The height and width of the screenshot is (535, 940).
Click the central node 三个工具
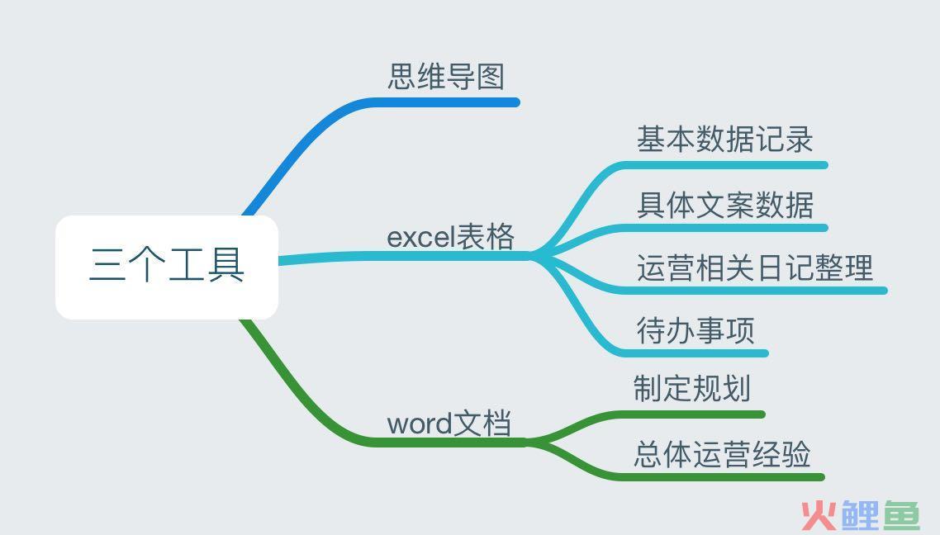coord(167,267)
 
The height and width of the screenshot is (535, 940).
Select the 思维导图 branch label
coord(446,77)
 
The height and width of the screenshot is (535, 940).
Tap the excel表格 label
coord(451,236)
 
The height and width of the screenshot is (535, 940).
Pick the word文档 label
coord(449,423)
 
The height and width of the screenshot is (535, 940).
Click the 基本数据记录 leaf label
coord(724,140)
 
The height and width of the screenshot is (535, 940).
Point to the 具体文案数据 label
coord(724,205)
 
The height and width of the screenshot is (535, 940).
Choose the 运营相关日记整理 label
coord(755,267)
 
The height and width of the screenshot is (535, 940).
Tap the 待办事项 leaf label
coord(696,331)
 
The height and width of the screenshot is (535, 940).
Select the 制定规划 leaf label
coord(692,388)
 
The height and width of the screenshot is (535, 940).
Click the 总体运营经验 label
coord(722,453)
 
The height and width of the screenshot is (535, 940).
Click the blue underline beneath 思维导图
coord(446,102)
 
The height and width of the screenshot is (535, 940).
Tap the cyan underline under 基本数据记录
coord(724,165)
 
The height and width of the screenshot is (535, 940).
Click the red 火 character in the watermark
coord(819,514)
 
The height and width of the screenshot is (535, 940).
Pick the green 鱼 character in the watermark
coord(902,514)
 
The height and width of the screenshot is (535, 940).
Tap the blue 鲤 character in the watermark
coord(860,514)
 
